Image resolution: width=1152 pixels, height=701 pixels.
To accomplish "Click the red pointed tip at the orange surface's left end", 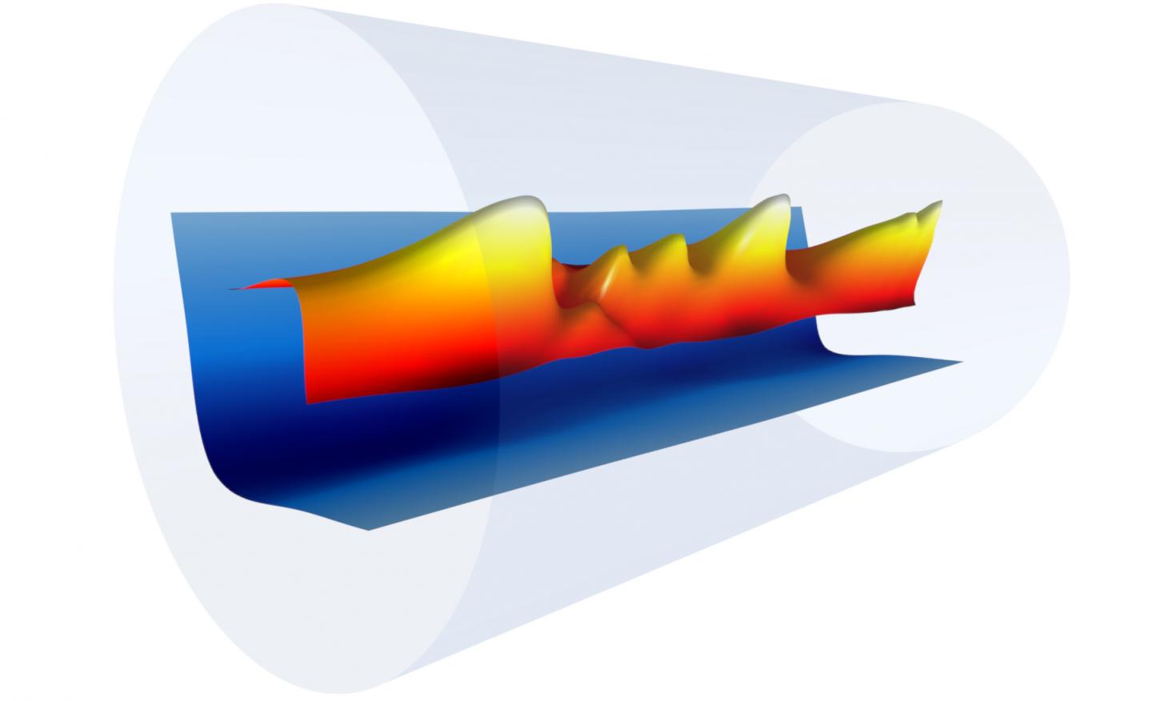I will point(231,288).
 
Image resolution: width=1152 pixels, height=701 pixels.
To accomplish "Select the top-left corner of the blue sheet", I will point(173,214).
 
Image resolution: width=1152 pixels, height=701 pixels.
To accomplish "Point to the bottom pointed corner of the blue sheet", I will point(370,529).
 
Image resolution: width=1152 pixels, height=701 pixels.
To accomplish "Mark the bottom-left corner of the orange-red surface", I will point(309,402).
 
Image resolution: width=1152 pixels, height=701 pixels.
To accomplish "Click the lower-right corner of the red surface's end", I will point(912,305).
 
